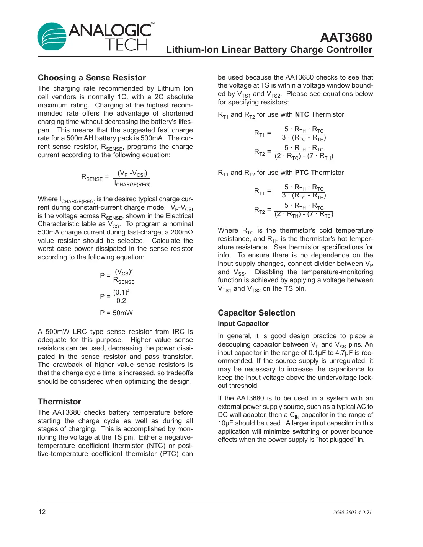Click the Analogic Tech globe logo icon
(52, 36)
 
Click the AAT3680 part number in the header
(346, 37)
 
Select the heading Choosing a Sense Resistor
(92, 78)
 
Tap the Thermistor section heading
(59, 402)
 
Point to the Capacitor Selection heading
(256, 313)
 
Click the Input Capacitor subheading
(243, 324)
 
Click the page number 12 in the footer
(42, 512)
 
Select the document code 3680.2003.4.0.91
(352, 512)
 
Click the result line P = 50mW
(116, 313)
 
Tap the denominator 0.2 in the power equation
(121, 301)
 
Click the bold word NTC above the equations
(302, 114)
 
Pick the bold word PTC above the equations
(302, 173)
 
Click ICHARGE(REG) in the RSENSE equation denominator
(132, 184)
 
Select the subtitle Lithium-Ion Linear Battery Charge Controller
(269, 50)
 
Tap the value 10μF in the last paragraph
(225, 423)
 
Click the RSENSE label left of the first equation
(92, 177)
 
